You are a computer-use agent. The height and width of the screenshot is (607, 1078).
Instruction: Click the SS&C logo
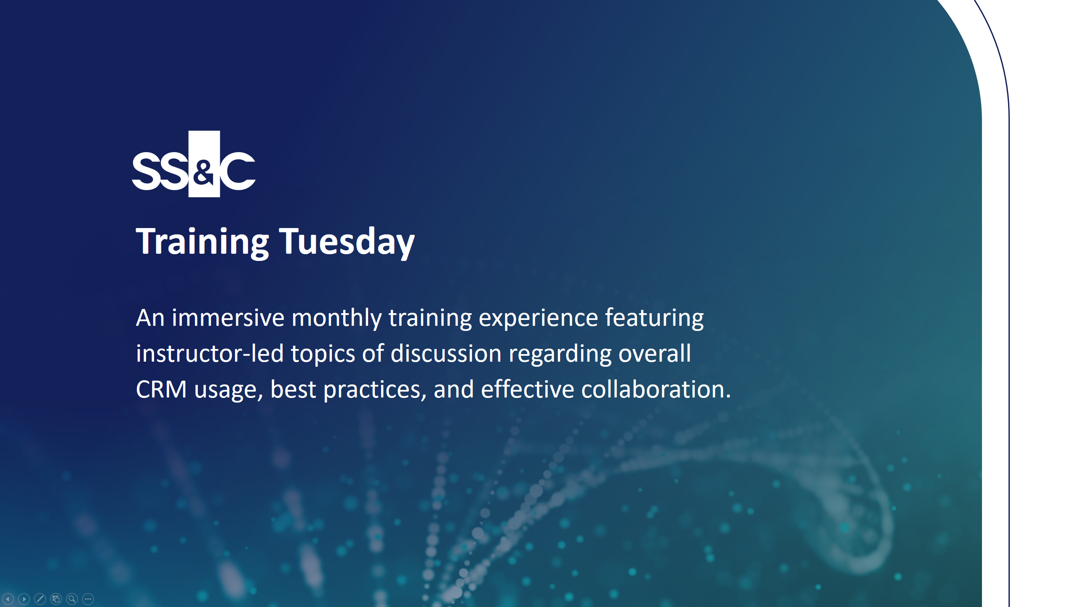(194, 164)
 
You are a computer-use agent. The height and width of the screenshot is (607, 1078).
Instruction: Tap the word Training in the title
(202, 242)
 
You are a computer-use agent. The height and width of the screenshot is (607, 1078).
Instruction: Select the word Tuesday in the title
(347, 242)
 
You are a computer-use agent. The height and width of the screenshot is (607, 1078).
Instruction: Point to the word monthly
(336, 318)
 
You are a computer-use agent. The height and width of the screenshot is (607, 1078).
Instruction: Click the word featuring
(654, 318)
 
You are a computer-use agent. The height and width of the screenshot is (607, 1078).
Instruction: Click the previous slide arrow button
(8, 599)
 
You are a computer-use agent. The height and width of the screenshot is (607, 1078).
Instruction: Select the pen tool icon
(40, 599)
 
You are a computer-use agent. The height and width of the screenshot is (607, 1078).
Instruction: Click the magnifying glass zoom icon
(72, 599)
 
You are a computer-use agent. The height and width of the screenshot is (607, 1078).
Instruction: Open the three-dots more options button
(88, 599)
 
